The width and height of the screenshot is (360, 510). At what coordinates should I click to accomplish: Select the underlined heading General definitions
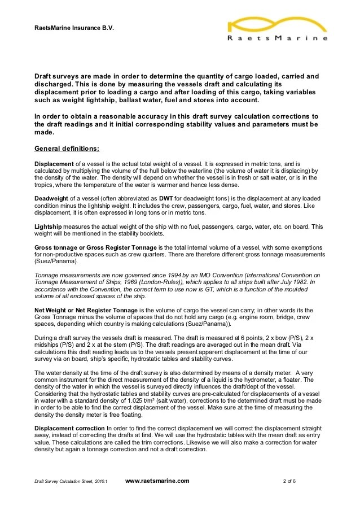pyautogui.click(x=67, y=149)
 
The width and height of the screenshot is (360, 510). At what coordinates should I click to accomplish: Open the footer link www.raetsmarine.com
pyautogui.click(x=157, y=481)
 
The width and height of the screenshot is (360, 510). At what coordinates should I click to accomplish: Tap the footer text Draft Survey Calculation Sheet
pyautogui.click(x=66, y=481)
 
